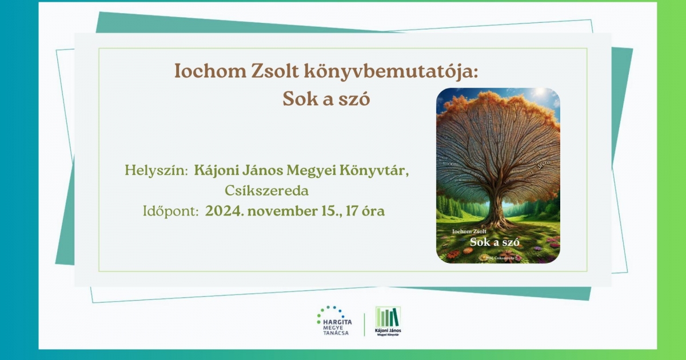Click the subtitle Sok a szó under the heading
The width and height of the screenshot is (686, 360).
326,99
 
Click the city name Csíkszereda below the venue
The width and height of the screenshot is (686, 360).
267,190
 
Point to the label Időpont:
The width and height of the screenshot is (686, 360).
170,211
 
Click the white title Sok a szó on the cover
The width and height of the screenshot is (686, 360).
494,242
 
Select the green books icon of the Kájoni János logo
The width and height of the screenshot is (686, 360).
388,317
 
